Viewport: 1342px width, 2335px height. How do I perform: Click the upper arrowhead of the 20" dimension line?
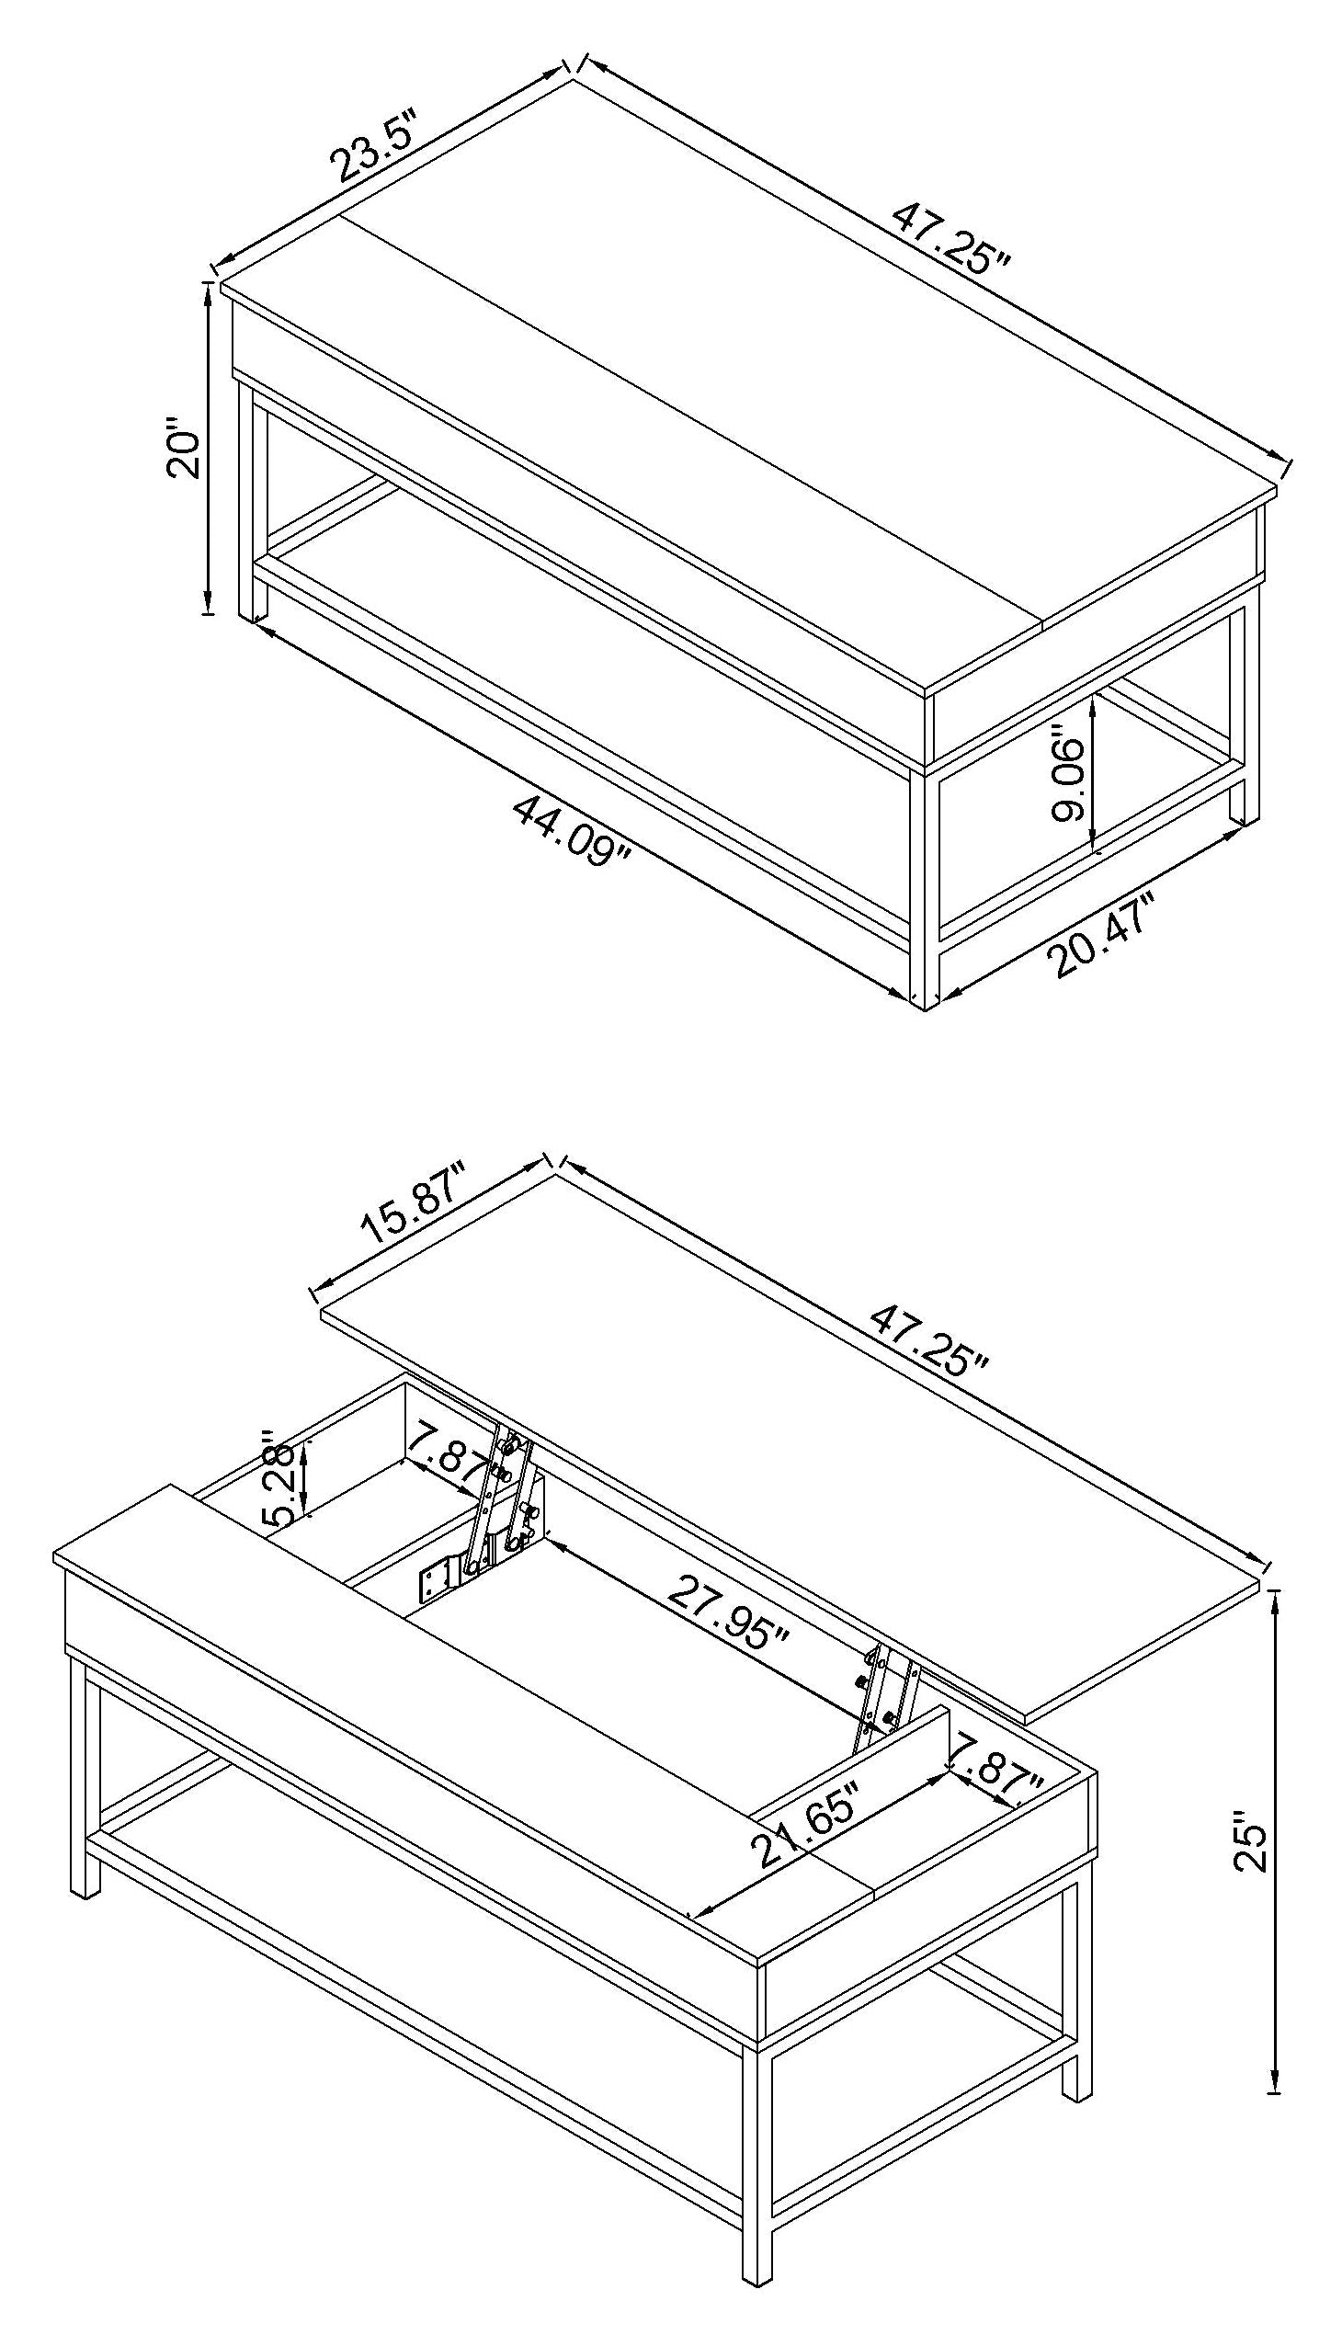209,290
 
